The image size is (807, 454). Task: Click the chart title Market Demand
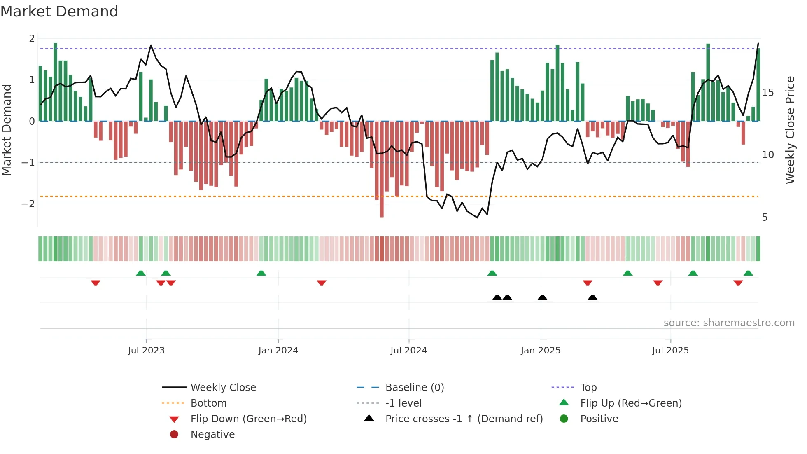pos(59,12)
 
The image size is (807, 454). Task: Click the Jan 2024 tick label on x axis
pos(278,351)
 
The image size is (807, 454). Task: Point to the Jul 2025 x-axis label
pos(670,351)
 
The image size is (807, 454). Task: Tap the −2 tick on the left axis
pos(28,204)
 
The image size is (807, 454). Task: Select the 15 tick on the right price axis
pos(767,93)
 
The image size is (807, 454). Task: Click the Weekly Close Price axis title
pos(790,130)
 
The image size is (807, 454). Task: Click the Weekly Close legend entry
pos(223,388)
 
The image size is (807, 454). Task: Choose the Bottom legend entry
pos(208,403)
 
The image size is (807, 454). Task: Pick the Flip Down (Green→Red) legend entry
pos(248,419)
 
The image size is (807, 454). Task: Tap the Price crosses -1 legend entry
pos(464,419)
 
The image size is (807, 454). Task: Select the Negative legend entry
pos(212,435)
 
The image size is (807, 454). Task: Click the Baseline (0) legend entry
pos(414,388)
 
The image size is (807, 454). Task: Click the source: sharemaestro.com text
pos(729,323)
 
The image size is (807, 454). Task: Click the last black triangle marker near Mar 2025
pos(592,297)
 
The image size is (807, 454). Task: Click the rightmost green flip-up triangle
pos(748,273)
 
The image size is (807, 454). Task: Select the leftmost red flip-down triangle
pos(96,283)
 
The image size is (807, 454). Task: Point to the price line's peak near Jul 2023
pos(151,46)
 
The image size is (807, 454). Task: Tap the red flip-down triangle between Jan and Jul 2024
pos(322,283)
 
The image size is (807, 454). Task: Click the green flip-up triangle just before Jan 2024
pos(261,273)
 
